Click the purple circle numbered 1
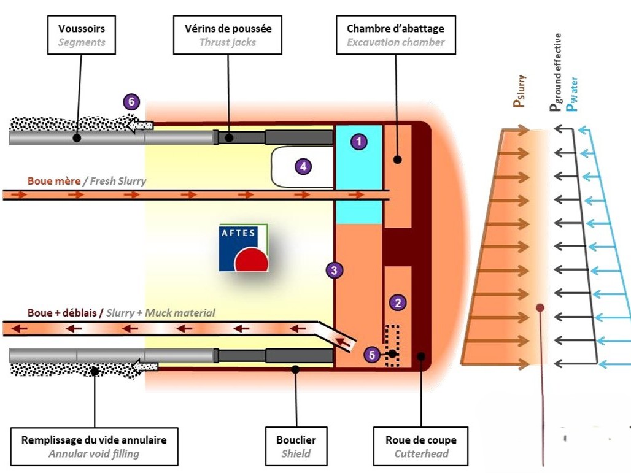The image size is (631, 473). click(x=358, y=142)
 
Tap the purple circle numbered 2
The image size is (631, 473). click(x=398, y=302)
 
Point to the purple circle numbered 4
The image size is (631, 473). click(x=302, y=166)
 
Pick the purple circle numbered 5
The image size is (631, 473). click(x=371, y=354)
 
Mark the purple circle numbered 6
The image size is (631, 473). click(x=130, y=102)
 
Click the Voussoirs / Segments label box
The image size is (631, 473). click(x=82, y=35)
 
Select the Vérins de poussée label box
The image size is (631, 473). click(x=228, y=35)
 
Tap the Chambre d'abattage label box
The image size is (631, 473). click(x=395, y=35)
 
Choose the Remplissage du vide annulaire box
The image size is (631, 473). click(x=94, y=447)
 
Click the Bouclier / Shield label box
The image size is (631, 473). click(x=296, y=447)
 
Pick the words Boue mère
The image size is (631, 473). click(x=53, y=181)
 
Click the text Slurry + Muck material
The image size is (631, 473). click(x=161, y=313)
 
